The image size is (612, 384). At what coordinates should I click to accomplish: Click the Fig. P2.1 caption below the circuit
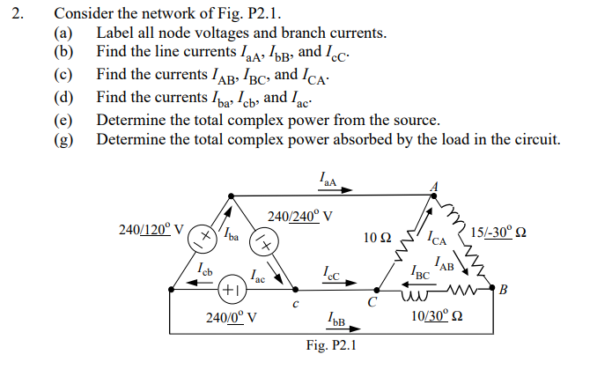point(330,345)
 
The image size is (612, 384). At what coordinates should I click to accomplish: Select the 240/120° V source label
point(151,230)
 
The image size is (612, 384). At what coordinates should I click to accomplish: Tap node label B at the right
point(504,289)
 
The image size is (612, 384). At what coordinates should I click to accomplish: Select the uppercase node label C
point(372,304)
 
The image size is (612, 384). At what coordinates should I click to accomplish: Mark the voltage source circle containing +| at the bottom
point(230,289)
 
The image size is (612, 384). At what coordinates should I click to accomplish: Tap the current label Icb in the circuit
point(203,267)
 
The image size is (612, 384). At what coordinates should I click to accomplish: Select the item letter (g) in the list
point(63,139)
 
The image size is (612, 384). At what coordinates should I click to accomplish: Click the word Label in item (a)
point(115,33)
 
